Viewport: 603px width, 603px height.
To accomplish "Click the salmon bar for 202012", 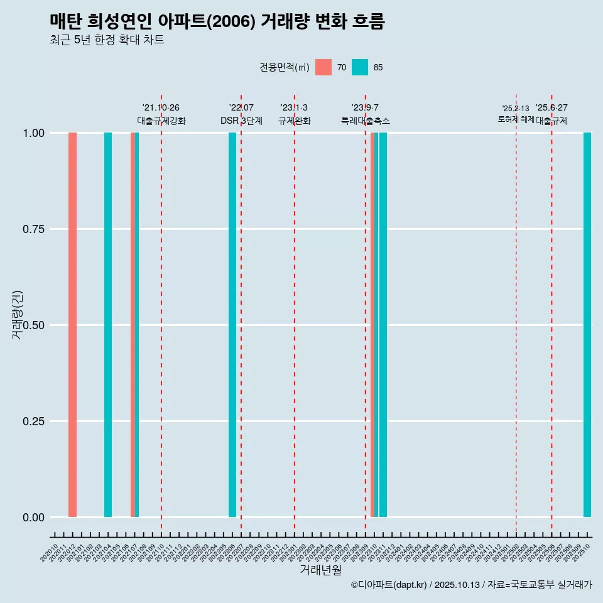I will point(72,325).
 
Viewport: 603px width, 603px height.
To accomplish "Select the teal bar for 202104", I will point(108,325).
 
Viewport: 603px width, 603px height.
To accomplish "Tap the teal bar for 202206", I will point(232,325).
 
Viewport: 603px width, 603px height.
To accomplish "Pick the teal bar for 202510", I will point(587,325).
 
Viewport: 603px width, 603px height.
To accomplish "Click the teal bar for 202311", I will point(383,325).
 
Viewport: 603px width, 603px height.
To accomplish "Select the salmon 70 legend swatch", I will point(323,67).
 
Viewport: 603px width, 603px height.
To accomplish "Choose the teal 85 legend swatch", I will point(360,67).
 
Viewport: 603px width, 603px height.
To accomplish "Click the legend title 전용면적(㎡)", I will point(284,67).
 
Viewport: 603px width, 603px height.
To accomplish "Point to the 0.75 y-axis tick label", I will point(33,229).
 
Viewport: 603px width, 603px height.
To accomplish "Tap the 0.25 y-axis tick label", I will point(33,421).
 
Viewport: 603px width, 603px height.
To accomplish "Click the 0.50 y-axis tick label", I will point(33,325).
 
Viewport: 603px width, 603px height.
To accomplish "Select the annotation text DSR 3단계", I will point(241,121).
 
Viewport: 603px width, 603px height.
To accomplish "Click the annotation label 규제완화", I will point(295,121).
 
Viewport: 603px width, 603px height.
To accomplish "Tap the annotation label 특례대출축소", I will point(366,121).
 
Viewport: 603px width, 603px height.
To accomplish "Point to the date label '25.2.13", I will point(516,109).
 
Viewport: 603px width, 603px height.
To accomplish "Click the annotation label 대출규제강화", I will point(161,121).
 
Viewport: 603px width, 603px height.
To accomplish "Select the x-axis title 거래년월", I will point(320,570).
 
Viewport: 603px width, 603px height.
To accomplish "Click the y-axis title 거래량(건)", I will point(18,315).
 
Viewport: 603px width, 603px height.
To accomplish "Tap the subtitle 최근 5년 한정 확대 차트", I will point(107,40).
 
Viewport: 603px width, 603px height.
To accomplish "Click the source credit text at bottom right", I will point(471,585).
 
